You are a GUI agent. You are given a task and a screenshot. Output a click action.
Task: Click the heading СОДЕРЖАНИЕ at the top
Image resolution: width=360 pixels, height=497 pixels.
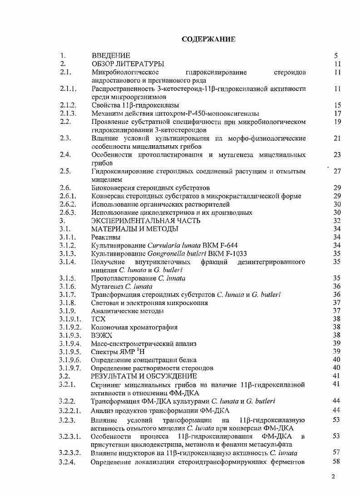208,39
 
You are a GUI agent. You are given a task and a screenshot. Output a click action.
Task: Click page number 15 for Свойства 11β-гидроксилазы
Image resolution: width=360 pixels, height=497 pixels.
337,105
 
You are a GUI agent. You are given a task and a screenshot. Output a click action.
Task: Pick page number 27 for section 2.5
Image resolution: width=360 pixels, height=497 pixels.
337,171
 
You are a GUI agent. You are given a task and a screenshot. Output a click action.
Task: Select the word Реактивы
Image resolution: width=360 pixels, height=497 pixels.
106,237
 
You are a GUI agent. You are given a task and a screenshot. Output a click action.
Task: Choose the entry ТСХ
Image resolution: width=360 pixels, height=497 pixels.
99,319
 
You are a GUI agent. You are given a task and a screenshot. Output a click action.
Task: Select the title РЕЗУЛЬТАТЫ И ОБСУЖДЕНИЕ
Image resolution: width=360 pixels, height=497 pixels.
144,376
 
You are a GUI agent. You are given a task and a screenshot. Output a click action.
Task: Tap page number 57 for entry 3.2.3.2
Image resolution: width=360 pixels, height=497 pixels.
336,453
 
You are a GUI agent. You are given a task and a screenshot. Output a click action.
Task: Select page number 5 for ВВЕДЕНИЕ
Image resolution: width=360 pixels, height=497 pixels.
336,56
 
